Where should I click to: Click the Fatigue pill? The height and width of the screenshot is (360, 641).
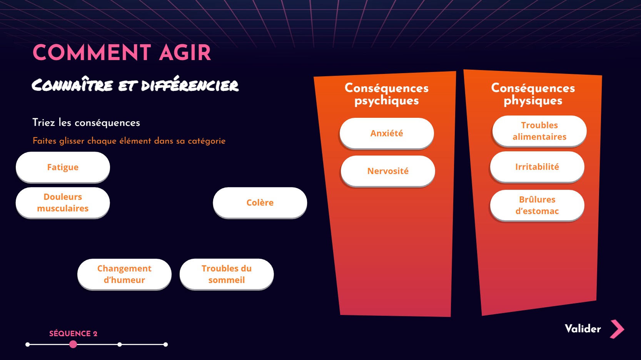(x=63, y=167)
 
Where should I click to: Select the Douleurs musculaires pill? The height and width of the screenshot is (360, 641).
(x=63, y=203)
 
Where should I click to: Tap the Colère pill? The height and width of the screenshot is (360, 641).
(x=260, y=203)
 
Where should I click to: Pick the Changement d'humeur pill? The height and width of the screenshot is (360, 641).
(x=124, y=274)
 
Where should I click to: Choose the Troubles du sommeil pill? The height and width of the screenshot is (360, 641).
(x=227, y=274)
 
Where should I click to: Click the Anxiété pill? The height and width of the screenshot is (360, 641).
(x=387, y=133)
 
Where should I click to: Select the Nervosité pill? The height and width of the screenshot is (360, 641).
(x=388, y=171)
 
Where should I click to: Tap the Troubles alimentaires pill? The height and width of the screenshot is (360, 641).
(x=539, y=131)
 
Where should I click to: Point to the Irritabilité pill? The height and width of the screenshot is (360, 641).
(x=537, y=167)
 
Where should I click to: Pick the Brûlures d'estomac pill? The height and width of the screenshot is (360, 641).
(x=537, y=205)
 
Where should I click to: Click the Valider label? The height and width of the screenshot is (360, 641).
(x=583, y=329)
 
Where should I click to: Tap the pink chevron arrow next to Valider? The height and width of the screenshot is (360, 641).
(x=618, y=329)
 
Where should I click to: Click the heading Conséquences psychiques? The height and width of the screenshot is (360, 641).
(x=386, y=94)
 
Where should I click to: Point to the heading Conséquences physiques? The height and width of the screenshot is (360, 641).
(x=533, y=94)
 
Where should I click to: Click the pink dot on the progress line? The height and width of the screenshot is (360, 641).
(x=73, y=344)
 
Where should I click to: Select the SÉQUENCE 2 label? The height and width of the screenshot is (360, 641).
(x=73, y=334)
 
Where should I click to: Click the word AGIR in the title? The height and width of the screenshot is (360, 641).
(x=185, y=53)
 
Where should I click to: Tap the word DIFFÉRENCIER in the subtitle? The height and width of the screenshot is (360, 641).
(x=190, y=85)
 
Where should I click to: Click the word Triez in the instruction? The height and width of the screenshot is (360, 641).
(x=43, y=122)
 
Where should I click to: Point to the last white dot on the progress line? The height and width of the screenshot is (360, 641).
(x=165, y=345)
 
